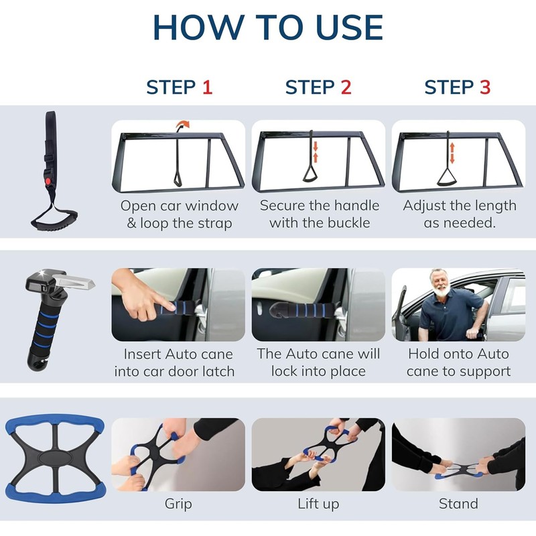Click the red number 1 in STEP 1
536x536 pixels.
coord(207,87)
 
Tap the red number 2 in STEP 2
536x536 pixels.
coord(346,87)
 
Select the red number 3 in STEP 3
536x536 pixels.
coord(485,87)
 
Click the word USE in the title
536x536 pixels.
coord(349,27)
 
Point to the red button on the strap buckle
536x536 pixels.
coord(48,180)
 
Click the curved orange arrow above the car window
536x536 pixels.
coord(182,124)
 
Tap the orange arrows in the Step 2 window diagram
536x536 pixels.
coord(315,152)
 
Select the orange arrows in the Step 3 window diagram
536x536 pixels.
coord(452,153)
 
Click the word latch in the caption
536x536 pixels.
coord(217,371)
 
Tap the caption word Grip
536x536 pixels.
coord(178,504)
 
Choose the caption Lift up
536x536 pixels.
coord(318,504)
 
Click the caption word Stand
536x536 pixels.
coord(458,504)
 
